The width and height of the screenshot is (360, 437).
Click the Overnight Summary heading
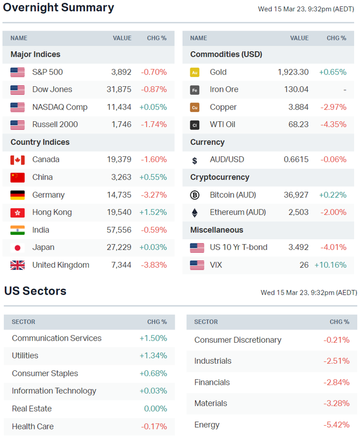click(59, 8)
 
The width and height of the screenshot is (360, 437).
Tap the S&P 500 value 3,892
click(121, 72)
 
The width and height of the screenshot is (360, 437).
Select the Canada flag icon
click(17, 160)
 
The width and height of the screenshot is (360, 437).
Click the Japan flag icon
click(17, 248)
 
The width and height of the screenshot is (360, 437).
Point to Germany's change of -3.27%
click(154, 195)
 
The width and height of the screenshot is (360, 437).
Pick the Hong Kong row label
click(52, 212)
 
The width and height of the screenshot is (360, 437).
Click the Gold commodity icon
click(195, 72)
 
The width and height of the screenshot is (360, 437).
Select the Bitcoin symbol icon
click(195, 195)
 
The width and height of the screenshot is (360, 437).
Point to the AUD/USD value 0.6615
click(296, 160)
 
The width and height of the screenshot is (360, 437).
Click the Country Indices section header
click(40, 142)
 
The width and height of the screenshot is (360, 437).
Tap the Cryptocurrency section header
click(220, 177)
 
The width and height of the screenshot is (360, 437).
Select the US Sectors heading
click(35, 292)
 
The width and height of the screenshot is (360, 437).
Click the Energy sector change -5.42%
click(337, 425)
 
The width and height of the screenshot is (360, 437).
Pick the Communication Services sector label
click(57, 338)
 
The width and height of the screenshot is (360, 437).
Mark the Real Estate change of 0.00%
click(155, 409)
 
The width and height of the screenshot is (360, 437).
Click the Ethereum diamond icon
click(195, 212)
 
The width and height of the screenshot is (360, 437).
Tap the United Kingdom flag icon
click(17, 265)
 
